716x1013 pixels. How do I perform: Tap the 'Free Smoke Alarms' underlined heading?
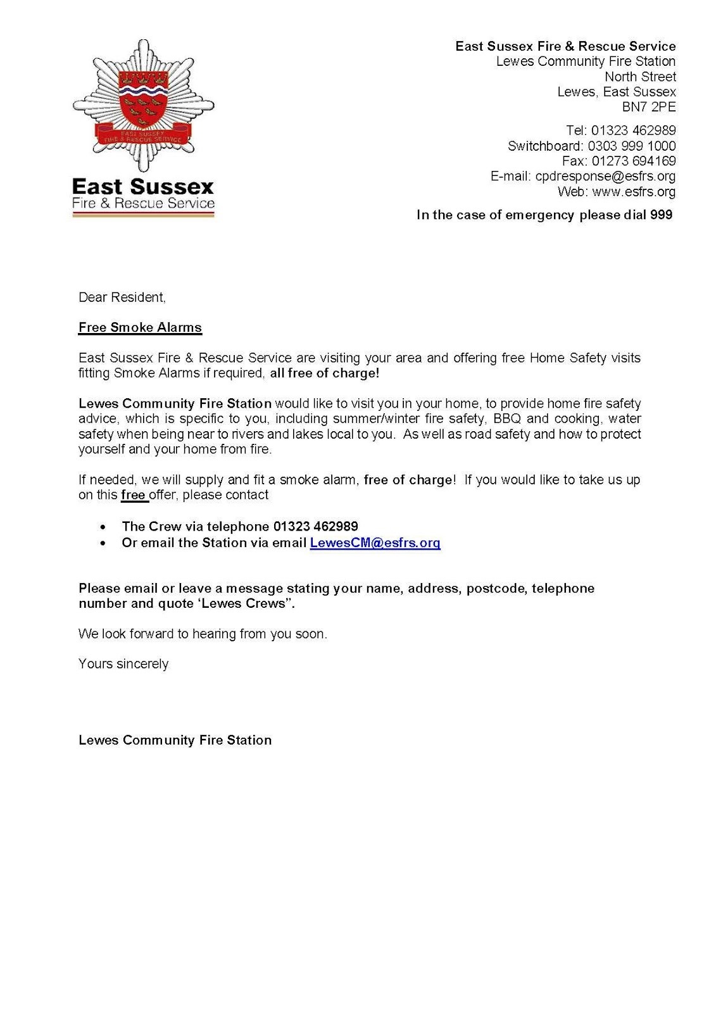click(x=140, y=327)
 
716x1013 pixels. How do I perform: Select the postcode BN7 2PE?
click(x=649, y=107)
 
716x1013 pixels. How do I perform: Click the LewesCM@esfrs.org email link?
click(x=375, y=543)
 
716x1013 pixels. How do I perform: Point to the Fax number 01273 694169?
click(x=634, y=161)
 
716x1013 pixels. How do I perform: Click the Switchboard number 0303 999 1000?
click(x=632, y=146)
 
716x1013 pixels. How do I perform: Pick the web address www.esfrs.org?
click(x=634, y=191)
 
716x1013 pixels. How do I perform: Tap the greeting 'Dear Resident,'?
click(x=122, y=297)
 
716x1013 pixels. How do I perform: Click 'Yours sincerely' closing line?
click(x=123, y=664)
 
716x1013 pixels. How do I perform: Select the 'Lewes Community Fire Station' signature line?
click(x=175, y=740)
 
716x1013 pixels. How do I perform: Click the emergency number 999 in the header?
click(x=662, y=215)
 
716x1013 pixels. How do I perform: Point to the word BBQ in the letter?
click(x=507, y=418)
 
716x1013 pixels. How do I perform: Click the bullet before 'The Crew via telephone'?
click(x=103, y=527)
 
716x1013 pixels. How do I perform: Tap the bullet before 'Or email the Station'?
click(x=103, y=543)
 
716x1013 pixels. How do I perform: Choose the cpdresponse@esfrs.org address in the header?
click(x=605, y=176)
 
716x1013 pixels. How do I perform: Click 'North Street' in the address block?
click(x=640, y=77)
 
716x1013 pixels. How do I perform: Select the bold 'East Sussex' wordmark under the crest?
click(x=143, y=187)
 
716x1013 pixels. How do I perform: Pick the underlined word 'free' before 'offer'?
click(x=133, y=494)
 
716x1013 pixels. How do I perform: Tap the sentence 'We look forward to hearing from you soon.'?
click(x=203, y=633)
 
